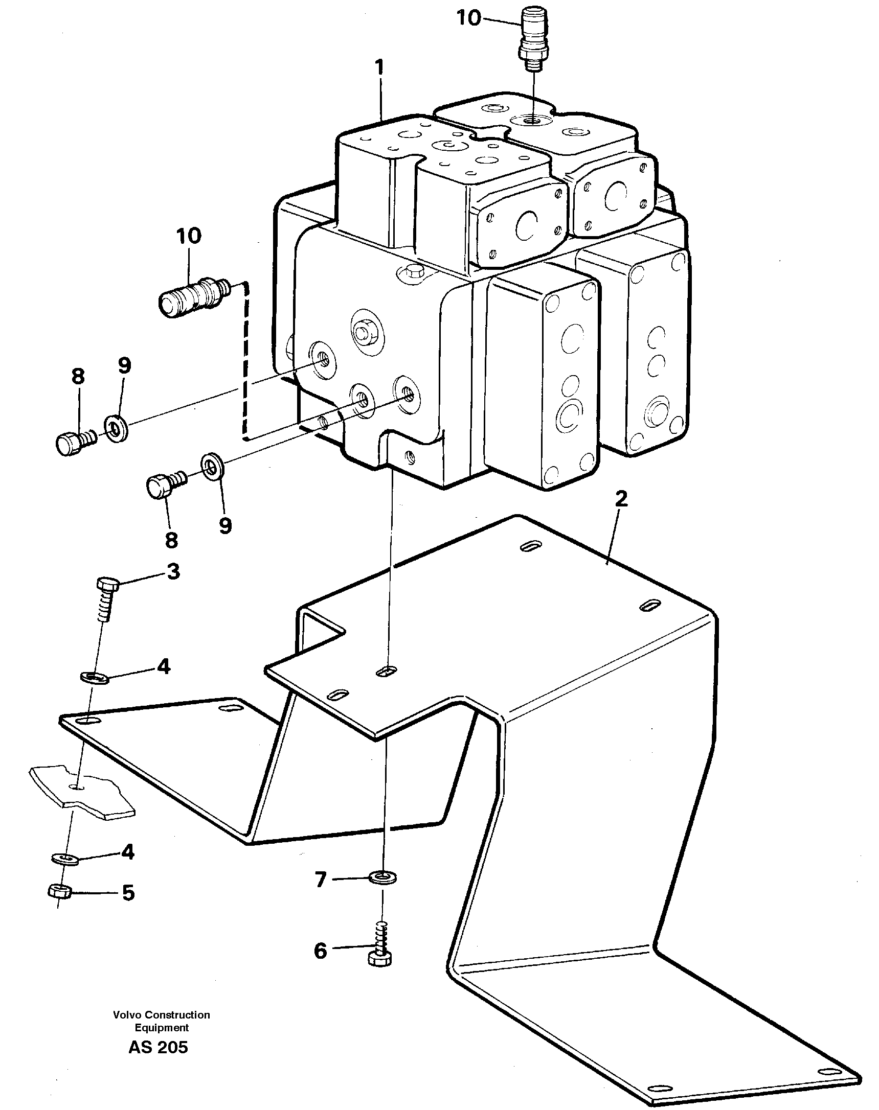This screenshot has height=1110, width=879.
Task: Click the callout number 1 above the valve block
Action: [x=379, y=68]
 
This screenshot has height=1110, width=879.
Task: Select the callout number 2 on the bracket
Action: [x=621, y=498]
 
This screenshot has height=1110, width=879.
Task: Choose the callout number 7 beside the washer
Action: [x=321, y=880]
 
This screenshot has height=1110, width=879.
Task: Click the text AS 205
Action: [x=158, y=1047]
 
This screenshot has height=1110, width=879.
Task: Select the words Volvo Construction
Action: [x=161, y=1015]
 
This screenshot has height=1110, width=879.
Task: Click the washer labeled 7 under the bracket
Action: [x=384, y=878]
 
